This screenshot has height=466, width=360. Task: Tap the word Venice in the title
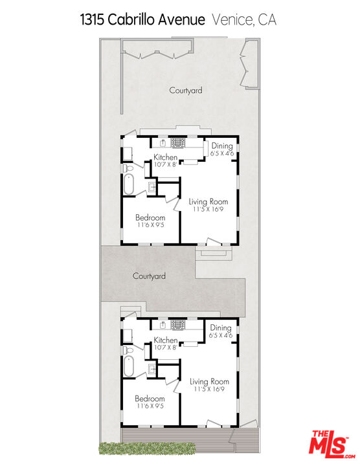click(x=232, y=20)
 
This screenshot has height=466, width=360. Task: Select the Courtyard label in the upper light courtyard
click(x=186, y=91)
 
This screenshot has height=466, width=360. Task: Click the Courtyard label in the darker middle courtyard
click(x=149, y=276)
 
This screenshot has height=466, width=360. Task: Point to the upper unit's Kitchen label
click(x=165, y=157)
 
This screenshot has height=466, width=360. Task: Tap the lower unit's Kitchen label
click(x=166, y=340)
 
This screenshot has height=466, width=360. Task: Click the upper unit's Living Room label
click(x=208, y=201)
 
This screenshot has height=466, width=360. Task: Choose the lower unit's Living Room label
click(x=209, y=381)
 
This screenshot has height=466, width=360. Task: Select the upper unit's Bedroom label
click(x=150, y=217)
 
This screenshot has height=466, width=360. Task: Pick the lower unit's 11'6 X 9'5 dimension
click(x=150, y=406)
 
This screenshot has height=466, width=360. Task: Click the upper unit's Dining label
click(x=222, y=146)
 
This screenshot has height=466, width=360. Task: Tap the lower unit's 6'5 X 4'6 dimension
click(x=221, y=335)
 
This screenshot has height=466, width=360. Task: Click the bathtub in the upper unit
click(x=129, y=184)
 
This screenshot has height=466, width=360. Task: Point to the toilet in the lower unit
click(x=128, y=349)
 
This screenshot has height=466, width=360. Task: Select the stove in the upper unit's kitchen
click(x=178, y=143)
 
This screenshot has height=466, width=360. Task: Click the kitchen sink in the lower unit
click(x=163, y=325)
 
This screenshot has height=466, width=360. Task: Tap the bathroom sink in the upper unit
click(x=152, y=187)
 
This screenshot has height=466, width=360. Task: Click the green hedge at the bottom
click(x=147, y=449)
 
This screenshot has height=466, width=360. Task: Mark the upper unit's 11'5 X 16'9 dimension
click(x=208, y=209)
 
